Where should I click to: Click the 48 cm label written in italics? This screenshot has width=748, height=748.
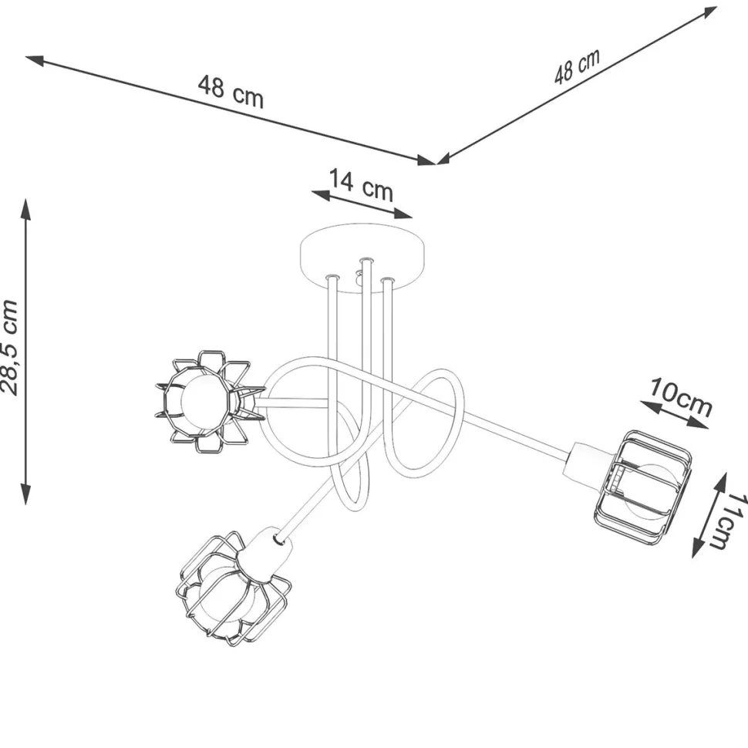pyautogui.click(x=577, y=67)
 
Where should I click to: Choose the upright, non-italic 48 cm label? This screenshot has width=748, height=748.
pyautogui.click(x=231, y=91)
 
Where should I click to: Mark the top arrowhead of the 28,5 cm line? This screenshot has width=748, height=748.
pyautogui.click(x=25, y=210)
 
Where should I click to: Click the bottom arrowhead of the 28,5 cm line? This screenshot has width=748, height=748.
pyautogui.click(x=25, y=494)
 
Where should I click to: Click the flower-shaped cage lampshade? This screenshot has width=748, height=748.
pyautogui.click(x=210, y=402)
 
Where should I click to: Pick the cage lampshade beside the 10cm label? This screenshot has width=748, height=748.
pyautogui.click(x=643, y=487)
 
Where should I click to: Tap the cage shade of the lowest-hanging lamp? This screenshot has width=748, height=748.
pyautogui.click(x=234, y=590)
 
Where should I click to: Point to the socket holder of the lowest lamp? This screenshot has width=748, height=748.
pyautogui.click(x=265, y=554)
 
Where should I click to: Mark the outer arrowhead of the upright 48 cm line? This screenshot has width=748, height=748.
pyautogui.click(x=35, y=60)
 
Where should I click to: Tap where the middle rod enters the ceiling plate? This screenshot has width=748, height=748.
pyautogui.click(x=366, y=261)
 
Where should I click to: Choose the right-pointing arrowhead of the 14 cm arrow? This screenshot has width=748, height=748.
pyautogui.click(x=403, y=214)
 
